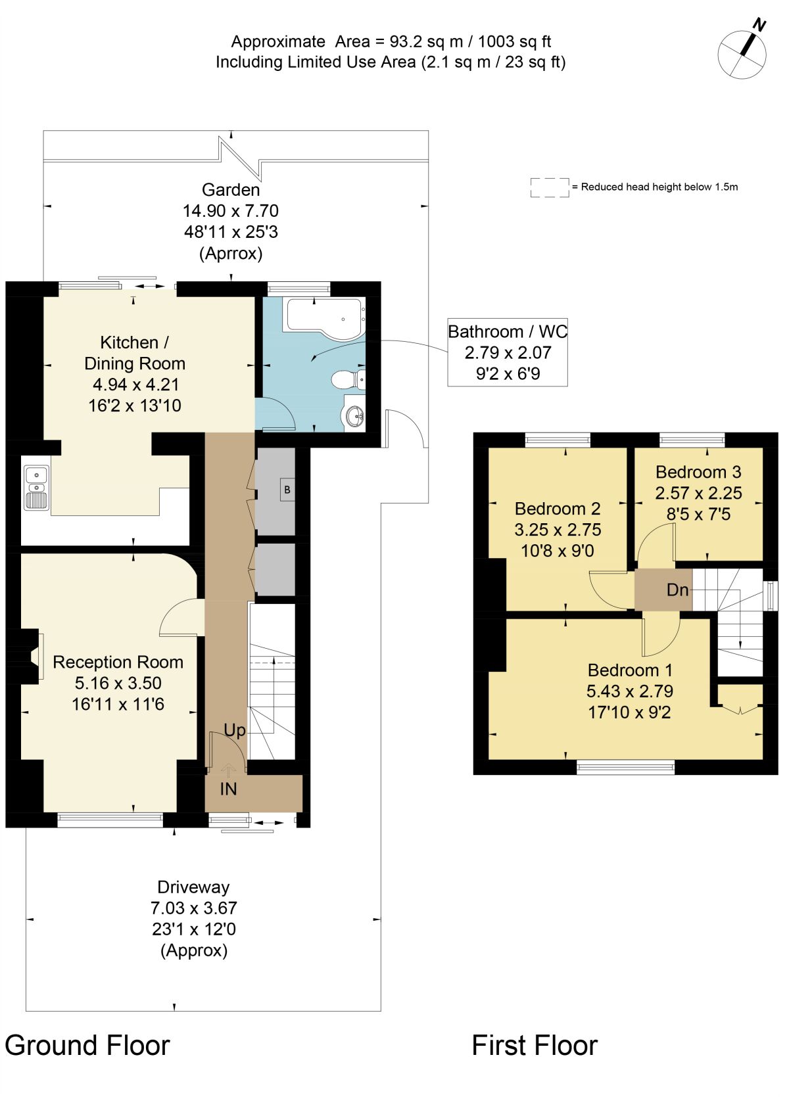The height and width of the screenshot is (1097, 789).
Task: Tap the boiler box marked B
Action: tap(287, 490)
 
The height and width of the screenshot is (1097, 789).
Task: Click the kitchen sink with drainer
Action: tap(37, 488)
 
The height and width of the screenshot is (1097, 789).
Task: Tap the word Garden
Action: tap(231, 189)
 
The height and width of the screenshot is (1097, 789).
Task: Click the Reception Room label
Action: tap(118, 662)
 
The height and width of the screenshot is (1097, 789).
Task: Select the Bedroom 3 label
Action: tap(698, 472)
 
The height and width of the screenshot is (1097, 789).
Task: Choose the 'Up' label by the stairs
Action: tap(235, 731)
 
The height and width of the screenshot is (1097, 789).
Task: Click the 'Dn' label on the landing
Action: tap(677, 590)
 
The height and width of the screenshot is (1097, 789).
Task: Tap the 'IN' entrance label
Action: tap(228, 789)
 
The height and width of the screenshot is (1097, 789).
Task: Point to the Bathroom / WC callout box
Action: tap(508, 352)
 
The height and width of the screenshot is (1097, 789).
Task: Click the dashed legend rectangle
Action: tap(550, 187)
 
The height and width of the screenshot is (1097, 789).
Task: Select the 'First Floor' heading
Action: tap(535, 1046)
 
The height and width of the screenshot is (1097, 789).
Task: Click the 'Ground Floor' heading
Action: tap(87, 1046)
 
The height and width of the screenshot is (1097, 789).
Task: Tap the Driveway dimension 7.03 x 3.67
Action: tap(193, 908)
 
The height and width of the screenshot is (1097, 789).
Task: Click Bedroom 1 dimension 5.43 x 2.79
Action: tap(629, 691)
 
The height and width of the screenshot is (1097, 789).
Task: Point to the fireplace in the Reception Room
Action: tap(30, 656)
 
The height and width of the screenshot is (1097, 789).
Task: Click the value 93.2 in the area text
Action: tap(406, 41)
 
